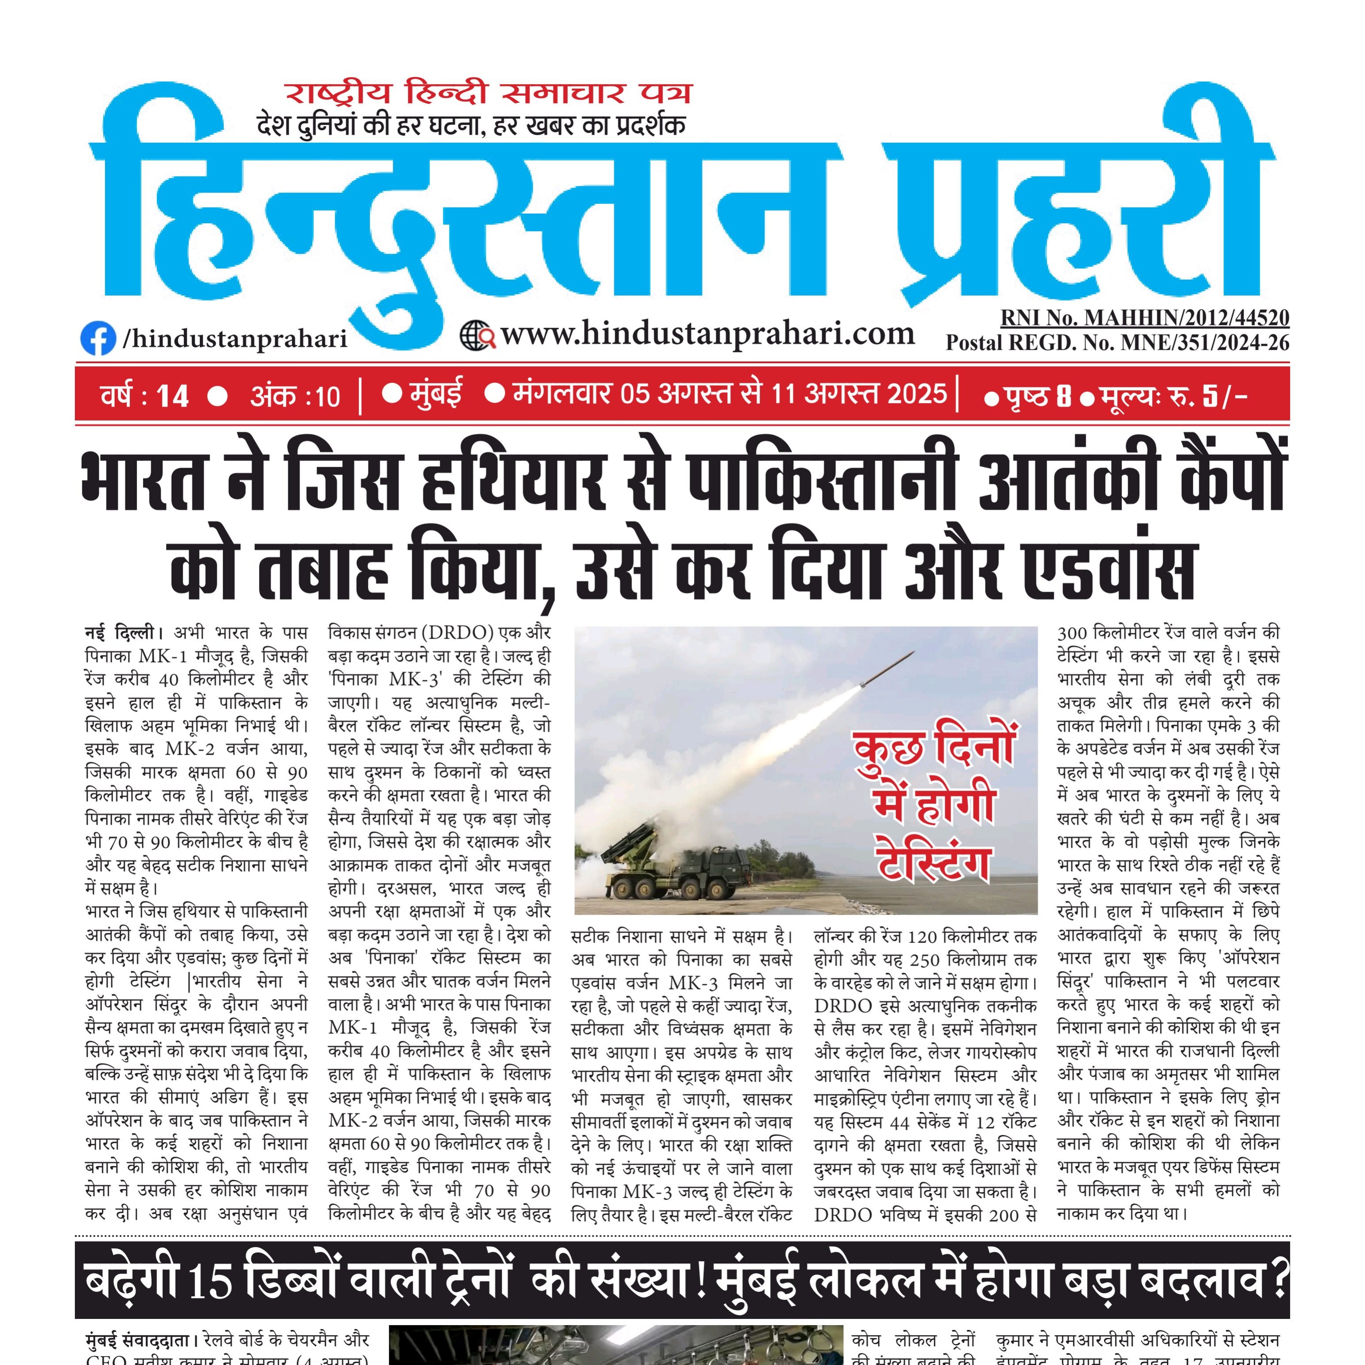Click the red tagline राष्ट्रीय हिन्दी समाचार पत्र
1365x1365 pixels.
487,93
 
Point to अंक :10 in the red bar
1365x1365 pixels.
295,396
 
